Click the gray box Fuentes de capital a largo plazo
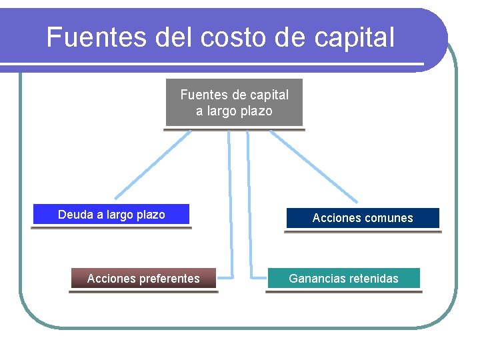point(234,102)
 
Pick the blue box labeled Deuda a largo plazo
point(111,214)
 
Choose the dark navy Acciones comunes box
point(363,218)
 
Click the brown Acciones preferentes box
point(143,278)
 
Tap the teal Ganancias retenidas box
point(343,278)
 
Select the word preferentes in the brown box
point(168,278)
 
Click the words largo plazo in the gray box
point(234,111)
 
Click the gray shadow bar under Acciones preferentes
point(143,291)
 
